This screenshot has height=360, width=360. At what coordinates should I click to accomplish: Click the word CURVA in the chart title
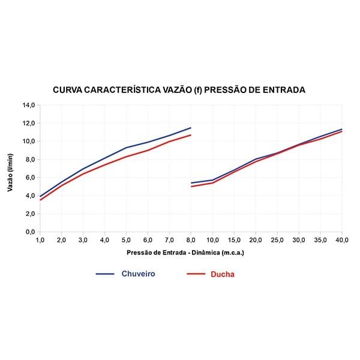click(68, 90)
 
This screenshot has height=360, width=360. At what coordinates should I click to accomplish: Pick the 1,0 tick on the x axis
click(40, 240)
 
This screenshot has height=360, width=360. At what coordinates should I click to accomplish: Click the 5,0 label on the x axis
click(126, 240)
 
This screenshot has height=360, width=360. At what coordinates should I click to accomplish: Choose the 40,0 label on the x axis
click(341, 240)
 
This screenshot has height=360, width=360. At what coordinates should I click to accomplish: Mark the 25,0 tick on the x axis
click(277, 240)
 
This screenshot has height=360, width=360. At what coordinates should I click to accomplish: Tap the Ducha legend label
click(222, 274)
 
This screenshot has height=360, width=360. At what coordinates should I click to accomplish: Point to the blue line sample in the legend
click(105, 274)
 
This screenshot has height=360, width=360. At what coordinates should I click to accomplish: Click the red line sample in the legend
click(196, 274)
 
